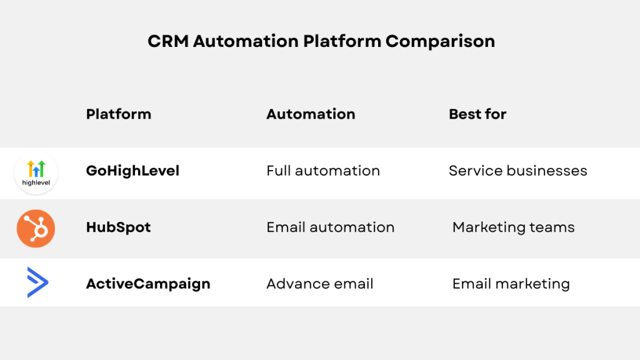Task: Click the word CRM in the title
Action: click(x=168, y=41)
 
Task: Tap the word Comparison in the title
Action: click(x=440, y=41)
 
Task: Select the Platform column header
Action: click(x=118, y=114)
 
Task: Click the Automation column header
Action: click(x=311, y=114)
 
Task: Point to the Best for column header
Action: click(x=477, y=114)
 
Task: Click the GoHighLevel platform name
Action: click(x=132, y=171)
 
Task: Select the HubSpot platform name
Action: click(x=118, y=227)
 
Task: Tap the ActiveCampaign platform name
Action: click(x=148, y=284)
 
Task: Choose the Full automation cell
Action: click(x=323, y=171)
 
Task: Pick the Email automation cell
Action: click(x=330, y=227)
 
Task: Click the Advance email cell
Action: click(x=319, y=284)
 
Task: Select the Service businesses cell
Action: click(x=517, y=171)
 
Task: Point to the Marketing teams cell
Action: click(x=513, y=227)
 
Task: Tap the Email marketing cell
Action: click(x=511, y=284)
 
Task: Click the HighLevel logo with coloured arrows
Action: click(x=36, y=169)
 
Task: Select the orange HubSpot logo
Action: click(x=36, y=228)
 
